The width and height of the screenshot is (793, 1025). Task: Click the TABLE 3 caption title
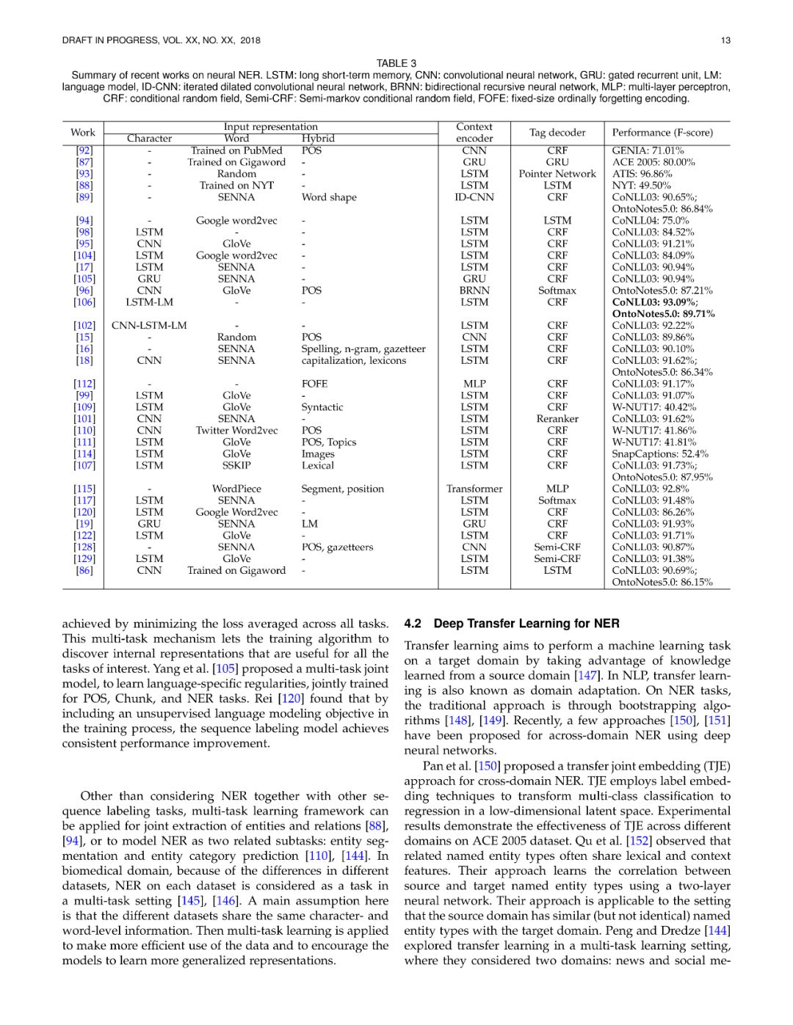(x=396, y=63)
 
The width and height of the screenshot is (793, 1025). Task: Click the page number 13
(x=725, y=40)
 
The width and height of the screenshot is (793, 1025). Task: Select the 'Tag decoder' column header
(x=557, y=133)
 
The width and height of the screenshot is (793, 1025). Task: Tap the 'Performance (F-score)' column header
(x=662, y=133)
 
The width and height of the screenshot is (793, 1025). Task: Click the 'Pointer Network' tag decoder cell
(x=557, y=174)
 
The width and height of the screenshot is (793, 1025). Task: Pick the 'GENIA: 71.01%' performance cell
(x=648, y=150)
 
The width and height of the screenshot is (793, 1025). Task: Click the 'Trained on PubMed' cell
(x=236, y=150)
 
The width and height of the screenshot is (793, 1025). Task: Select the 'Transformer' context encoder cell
(x=474, y=489)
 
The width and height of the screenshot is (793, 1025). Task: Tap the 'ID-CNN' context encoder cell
(x=474, y=197)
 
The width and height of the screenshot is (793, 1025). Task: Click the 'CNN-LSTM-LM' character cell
(x=149, y=326)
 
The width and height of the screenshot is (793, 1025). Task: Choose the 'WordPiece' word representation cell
(x=236, y=489)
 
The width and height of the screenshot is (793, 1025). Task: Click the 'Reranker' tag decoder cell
(x=557, y=419)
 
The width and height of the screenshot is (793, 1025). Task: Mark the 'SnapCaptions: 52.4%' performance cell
(x=660, y=454)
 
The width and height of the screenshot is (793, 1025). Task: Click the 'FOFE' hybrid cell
(x=314, y=384)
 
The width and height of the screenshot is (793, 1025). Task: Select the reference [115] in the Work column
(x=84, y=489)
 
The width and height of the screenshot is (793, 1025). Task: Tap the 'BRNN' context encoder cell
(x=474, y=291)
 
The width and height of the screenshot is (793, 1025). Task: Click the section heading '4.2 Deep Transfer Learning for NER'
(x=512, y=624)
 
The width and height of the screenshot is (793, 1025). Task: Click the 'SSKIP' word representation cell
(x=236, y=465)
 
